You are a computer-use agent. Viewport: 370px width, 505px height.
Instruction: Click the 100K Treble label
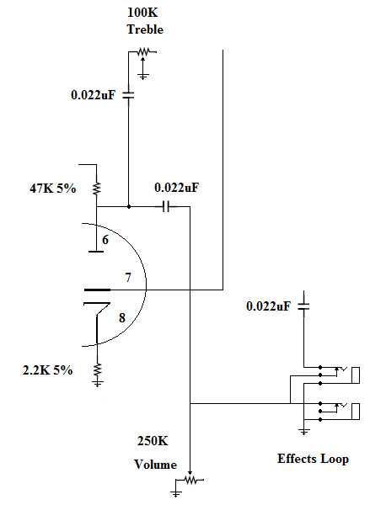(145, 21)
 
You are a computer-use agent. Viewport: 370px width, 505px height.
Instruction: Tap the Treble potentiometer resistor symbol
(143, 51)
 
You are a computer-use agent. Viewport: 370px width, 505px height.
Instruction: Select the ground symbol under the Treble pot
(143, 77)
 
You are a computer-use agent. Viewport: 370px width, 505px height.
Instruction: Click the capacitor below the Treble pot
(128, 94)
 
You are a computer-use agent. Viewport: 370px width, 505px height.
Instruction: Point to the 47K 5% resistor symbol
(96, 189)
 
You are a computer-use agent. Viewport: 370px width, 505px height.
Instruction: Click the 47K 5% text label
(52, 188)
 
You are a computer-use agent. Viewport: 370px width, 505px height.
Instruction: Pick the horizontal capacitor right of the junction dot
(166, 206)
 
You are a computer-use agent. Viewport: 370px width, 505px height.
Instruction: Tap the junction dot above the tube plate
(129, 206)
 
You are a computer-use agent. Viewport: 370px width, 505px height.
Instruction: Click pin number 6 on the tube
(105, 240)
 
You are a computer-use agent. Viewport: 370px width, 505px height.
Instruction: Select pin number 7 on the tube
(128, 277)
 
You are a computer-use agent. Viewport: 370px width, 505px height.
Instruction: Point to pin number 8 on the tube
(122, 318)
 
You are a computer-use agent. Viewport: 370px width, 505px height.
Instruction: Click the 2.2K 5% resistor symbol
(97, 369)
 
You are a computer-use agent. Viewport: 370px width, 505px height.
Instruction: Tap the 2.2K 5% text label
(47, 370)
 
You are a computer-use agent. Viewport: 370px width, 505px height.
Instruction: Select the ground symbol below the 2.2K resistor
(97, 383)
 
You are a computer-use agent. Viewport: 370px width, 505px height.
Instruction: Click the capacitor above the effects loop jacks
(303, 306)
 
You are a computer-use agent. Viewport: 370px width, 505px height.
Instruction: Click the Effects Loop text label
(313, 459)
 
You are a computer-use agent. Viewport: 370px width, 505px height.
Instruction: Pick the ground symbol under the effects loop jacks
(304, 432)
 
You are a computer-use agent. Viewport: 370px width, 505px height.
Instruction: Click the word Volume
(155, 465)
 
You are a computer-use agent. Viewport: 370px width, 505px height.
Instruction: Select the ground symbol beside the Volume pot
(176, 493)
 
